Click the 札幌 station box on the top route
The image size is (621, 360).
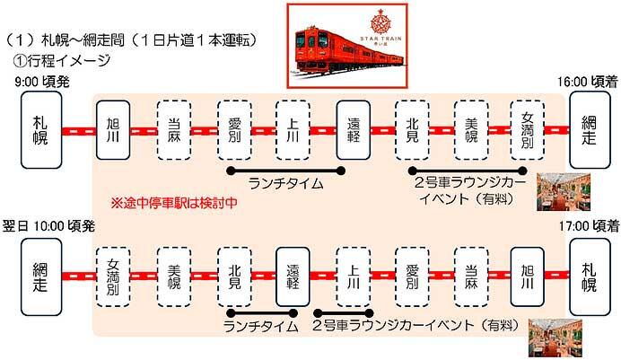(40, 130)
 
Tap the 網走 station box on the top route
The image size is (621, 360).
(588, 130)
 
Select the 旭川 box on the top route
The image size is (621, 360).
(113, 130)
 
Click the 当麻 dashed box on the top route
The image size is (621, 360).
(173, 130)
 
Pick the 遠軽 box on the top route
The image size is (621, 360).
(353, 130)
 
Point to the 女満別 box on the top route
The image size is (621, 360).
(528, 130)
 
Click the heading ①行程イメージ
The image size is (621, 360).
(62, 61)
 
